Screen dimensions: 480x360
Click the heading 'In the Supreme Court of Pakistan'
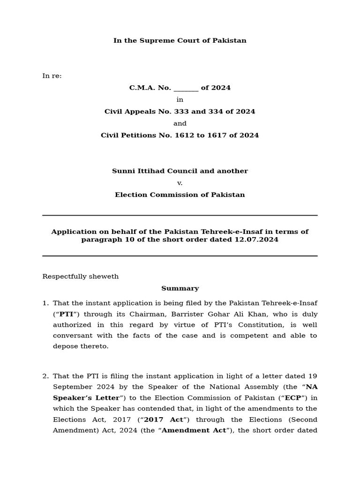(x=180, y=41)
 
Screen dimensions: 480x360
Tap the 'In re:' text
(x=52, y=76)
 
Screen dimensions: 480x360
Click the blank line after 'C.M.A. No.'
(x=186, y=89)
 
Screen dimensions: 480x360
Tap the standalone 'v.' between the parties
(x=180, y=183)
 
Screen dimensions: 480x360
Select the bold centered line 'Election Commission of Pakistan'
(x=180, y=195)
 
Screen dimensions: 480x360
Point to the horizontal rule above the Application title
(x=180, y=216)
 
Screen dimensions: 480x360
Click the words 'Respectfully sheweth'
(x=81, y=277)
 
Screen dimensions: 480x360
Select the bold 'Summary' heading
(x=180, y=288)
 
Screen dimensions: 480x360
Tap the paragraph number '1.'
(x=45, y=303)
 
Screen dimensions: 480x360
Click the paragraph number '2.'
(x=45, y=376)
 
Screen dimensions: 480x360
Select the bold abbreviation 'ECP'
(x=293, y=398)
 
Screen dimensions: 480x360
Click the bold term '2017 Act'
(x=164, y=420)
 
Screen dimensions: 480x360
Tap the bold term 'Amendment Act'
(x=194, y=430)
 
